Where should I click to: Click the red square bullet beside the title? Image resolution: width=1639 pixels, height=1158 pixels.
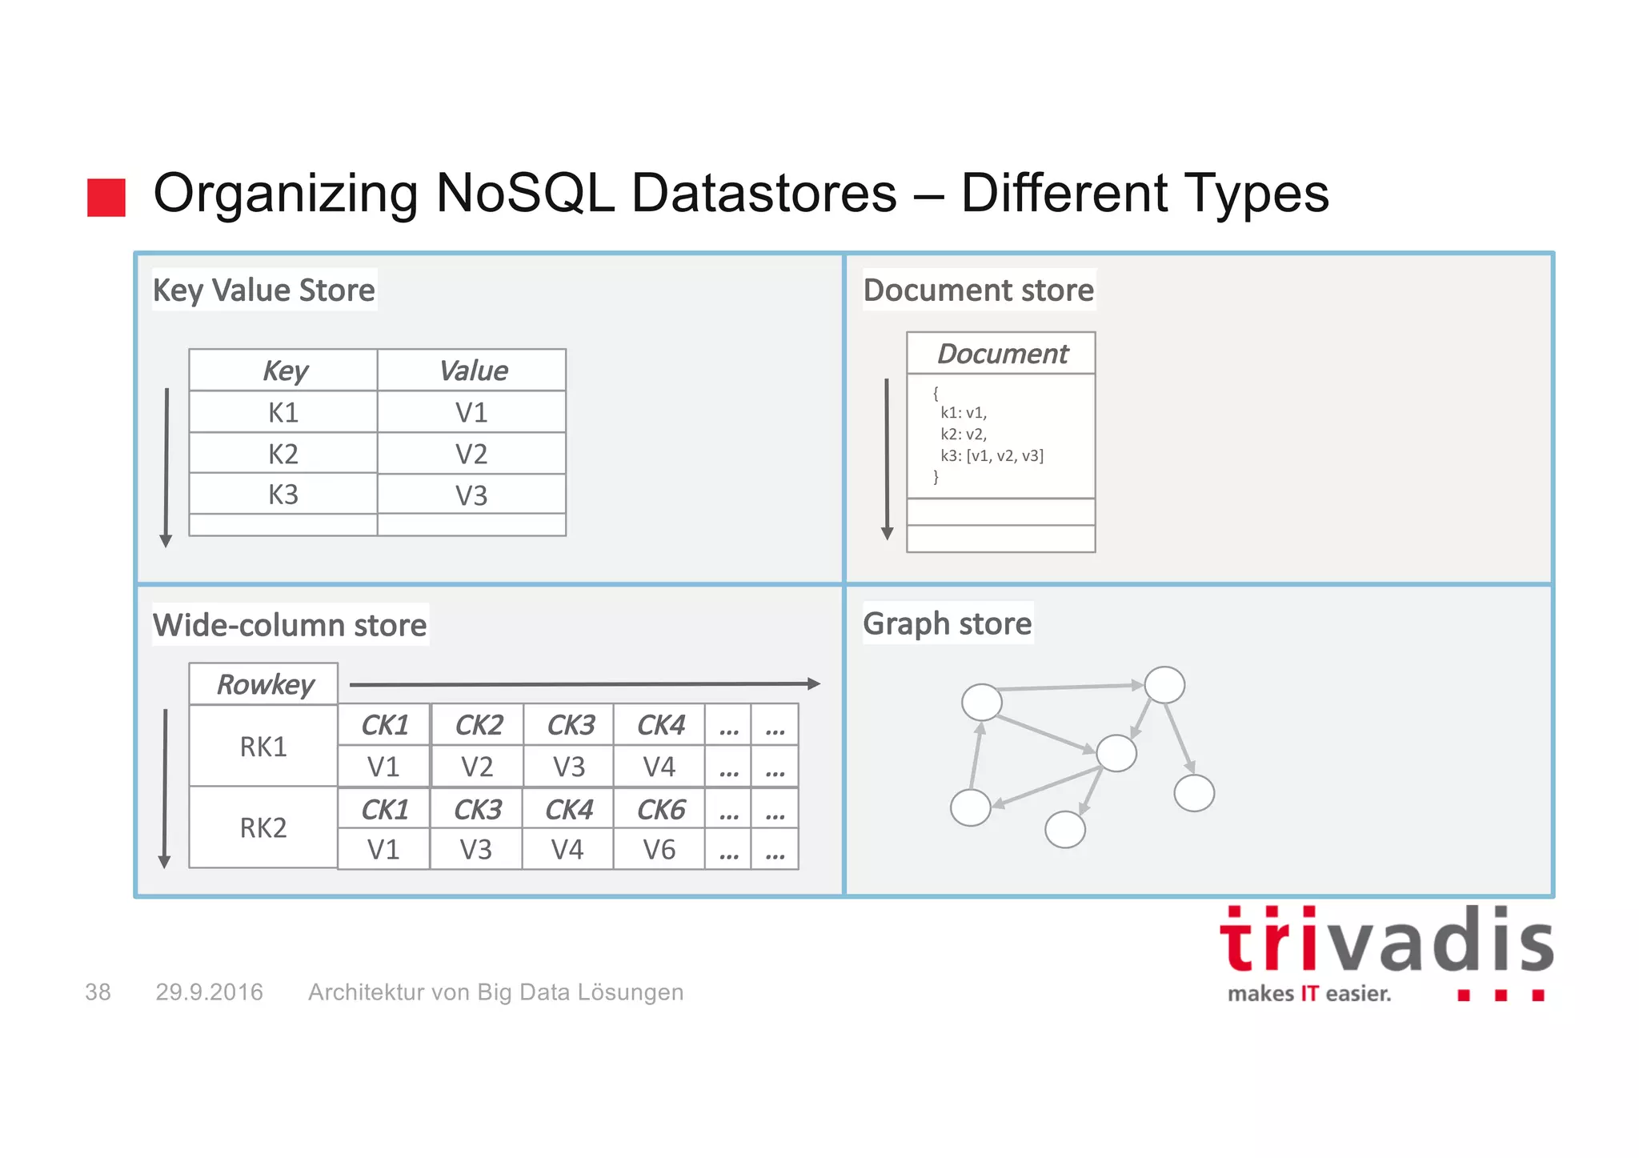[x=106, y=197]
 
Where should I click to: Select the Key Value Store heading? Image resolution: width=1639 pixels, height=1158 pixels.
[x=263, y=290]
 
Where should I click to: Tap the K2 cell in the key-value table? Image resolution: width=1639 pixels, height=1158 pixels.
[x=283, y=454]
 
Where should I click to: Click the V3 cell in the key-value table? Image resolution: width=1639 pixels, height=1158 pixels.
[x=471, y=495]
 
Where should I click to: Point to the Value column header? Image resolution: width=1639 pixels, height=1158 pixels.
[x=472, y=371]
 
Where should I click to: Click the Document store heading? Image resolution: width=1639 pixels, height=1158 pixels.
[x=978, y=290]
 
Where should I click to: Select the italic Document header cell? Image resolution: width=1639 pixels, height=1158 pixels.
[x=1001, y=354]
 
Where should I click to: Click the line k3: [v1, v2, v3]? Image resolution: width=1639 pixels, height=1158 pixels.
[x=992, y=456]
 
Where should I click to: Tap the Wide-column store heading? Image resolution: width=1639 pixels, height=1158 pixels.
[x=290, y=625]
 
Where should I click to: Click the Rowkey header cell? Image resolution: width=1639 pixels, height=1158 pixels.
[x=264, y=685]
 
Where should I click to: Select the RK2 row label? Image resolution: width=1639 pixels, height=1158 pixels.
[x=263, y=827]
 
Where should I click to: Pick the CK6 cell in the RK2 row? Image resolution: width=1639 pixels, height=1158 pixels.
[x=660, y=810]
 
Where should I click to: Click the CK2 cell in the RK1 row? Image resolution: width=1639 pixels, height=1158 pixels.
[x=478, y=725]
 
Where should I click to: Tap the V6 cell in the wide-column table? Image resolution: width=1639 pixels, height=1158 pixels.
[x=659, y=850]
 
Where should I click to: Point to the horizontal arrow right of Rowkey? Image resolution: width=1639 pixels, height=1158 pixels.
[x=584, y=684]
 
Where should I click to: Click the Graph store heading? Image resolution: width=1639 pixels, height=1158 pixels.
[x=948, y=623]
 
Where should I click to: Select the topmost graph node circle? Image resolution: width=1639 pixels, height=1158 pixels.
[x=1164, y=685]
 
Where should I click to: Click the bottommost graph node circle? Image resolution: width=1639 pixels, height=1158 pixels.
[x=1065, y=829]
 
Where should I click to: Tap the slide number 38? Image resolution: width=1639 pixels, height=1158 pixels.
[x=98, y=992]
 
